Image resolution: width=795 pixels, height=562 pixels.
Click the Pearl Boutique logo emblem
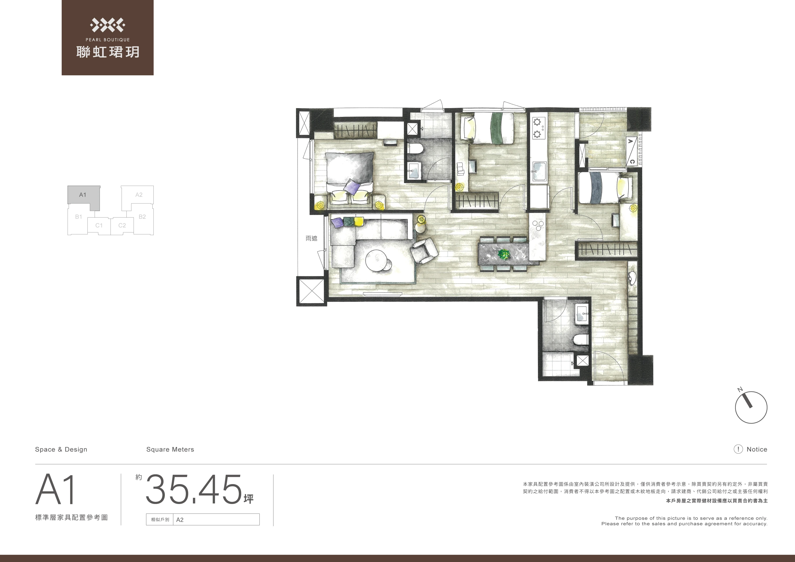point(107,25)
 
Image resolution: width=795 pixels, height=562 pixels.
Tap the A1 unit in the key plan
point(83,197)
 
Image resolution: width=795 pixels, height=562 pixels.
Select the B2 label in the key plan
point(142,217)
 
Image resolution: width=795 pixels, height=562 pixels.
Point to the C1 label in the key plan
point(99,225)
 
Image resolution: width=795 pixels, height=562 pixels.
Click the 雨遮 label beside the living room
point(312,238)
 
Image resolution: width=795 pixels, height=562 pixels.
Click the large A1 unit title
point(56,489)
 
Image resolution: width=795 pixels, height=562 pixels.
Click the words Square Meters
point(170,449)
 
